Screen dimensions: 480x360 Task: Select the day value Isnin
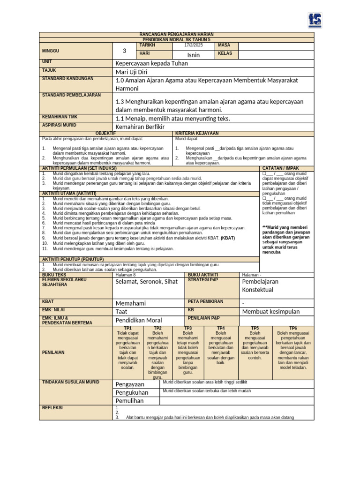(x=193, y=55)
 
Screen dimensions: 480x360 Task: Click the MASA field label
(x=224, y=45)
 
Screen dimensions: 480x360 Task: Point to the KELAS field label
(x=225, y=54)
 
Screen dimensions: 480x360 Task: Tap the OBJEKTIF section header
(x=105, y=134)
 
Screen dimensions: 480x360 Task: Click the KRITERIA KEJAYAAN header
(x=197, y=134)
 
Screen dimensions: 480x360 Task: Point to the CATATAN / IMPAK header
(x=281, y=168)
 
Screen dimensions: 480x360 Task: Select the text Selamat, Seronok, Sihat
(x=147, y=282)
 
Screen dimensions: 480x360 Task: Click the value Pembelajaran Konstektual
(x=260, y=285)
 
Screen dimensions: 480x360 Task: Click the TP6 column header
(x=293, y=328)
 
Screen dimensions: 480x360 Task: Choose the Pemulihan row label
(x=129, y=401)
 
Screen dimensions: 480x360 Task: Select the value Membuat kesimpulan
(x=270, y=312)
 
